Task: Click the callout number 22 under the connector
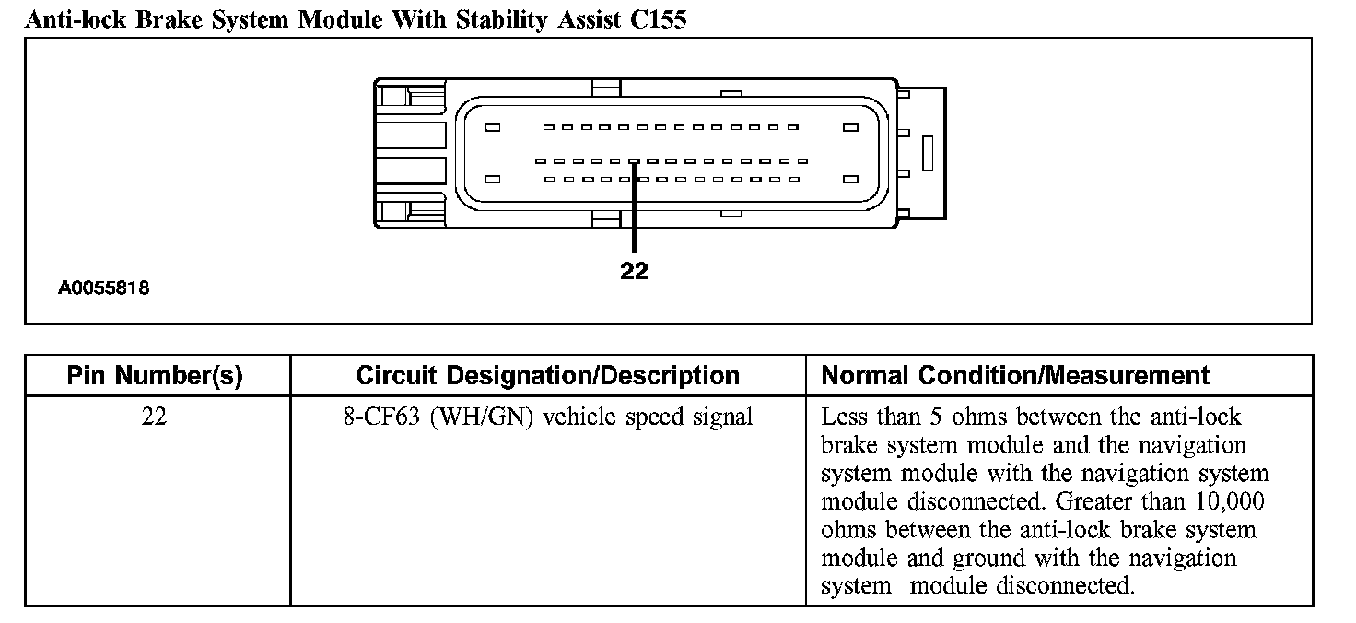[635, 271]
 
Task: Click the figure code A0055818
[104, 288]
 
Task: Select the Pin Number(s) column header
[155, 375]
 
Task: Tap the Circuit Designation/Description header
[547, 375]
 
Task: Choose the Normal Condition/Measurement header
[1015, 375]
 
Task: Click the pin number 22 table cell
[155, 417]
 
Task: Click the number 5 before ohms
[934, 417]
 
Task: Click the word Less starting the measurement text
[843, 417]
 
